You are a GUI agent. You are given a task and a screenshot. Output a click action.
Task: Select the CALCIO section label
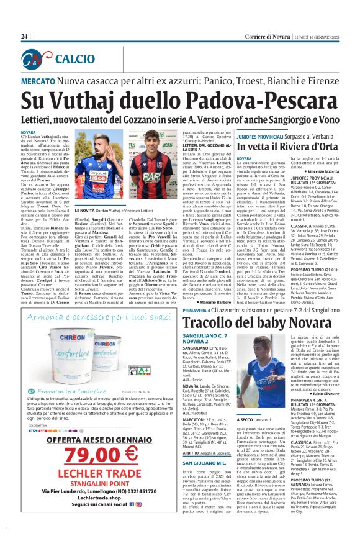point(72,60)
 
